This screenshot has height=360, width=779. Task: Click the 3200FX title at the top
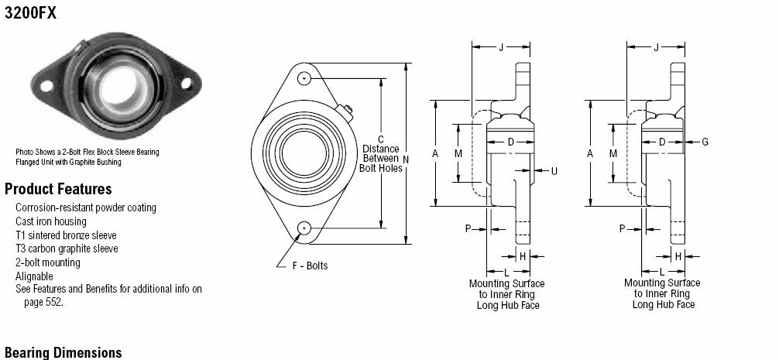(30, 13)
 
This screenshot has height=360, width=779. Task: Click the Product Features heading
(58, 189)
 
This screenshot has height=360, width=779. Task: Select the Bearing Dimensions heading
(63, 352)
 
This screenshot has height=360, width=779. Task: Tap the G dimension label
(705, 142)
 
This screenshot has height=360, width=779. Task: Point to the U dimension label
(554, 171)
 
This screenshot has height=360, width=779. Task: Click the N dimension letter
(406, 159)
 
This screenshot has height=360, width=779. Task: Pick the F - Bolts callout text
(310, 266)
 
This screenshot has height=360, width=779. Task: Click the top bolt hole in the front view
(304, 78)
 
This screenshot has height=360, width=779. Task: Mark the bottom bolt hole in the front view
(304, 228)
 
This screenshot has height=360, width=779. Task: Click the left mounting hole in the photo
(46, 86)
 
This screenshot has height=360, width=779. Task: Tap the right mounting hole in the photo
(187, 84)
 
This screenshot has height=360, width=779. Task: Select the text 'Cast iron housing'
(50, 221)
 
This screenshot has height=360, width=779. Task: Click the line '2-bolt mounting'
(48, 262)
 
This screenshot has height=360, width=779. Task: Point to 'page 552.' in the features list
(43, 302)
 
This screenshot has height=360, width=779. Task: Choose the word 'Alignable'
(34, 276)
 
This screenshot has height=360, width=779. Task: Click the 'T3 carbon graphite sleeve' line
(67, 249)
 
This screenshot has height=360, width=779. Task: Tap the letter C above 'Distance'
(381, 140)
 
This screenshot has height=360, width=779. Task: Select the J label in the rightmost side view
(657, 47)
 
